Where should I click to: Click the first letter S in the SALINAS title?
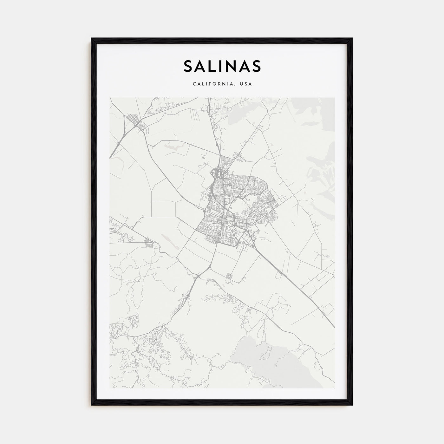[188, 66]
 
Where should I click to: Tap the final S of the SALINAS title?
[256, 66]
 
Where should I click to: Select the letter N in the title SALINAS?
[230, 66]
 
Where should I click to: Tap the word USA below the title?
[246, 84]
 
